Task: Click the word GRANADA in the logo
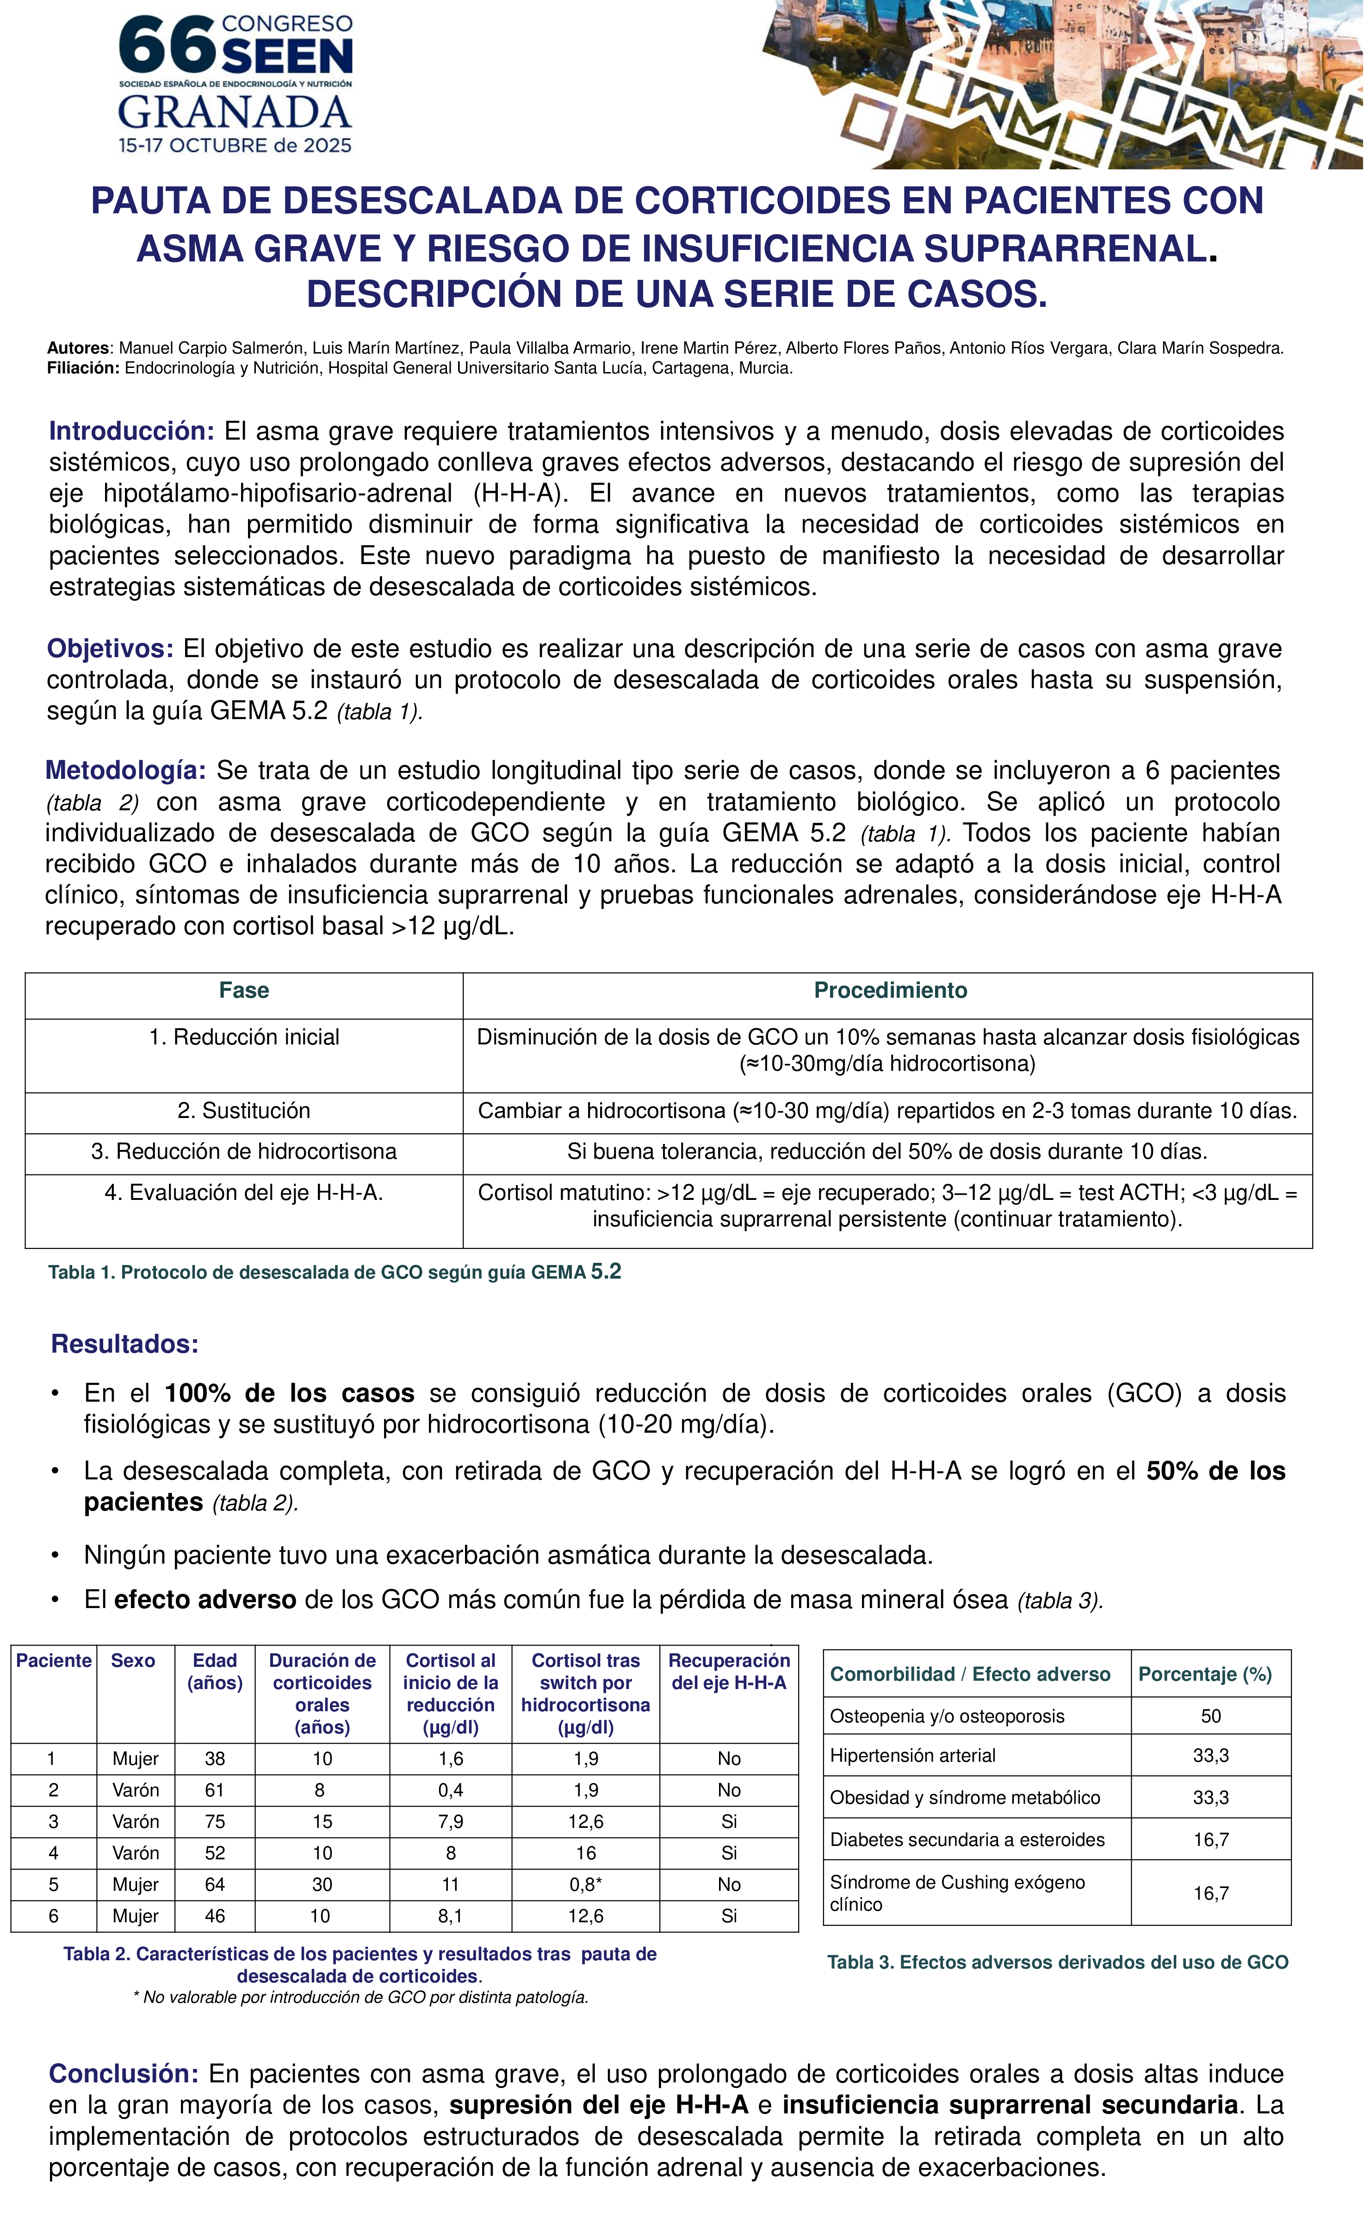(235, 112)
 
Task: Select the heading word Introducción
(131, 431)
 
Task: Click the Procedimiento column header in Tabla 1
(890, 990)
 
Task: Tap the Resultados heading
(125, 1344)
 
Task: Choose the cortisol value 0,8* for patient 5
(586, 1884)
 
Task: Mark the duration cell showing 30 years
(322, 1884)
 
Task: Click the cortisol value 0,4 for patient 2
(451, 1790)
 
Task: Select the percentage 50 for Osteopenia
(1210, 1716)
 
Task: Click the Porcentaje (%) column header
(1205, 1674)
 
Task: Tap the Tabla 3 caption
(1057, 1962)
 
